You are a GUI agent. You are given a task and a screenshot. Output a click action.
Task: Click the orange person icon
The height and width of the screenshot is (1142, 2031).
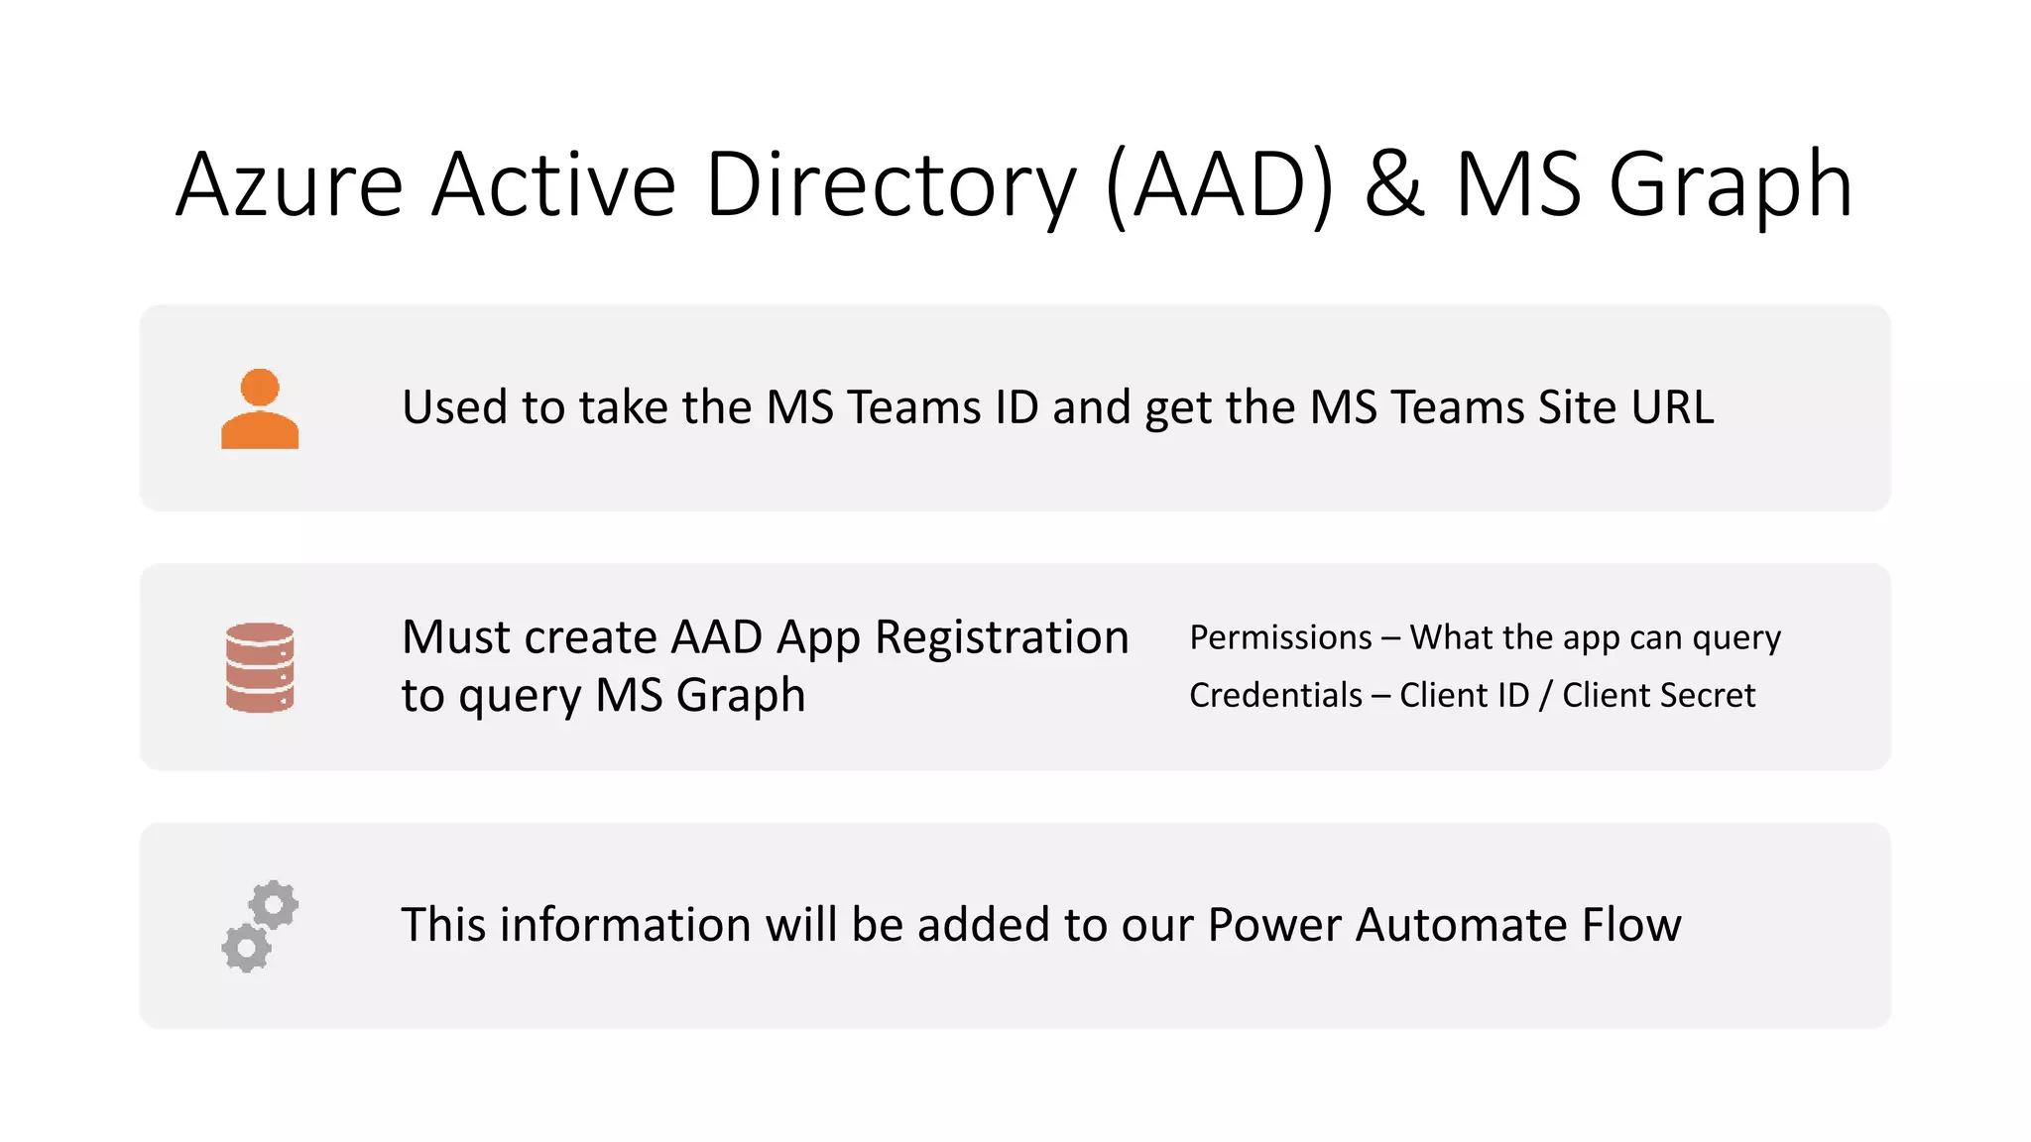260,409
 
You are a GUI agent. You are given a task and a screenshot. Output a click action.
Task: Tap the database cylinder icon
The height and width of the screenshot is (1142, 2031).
260,667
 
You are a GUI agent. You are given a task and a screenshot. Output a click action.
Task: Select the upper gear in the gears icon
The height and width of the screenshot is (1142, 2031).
274,904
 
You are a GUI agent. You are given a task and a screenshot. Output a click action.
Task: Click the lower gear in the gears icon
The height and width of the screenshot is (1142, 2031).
246,948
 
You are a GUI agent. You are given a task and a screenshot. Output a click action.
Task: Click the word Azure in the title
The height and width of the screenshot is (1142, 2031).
290,185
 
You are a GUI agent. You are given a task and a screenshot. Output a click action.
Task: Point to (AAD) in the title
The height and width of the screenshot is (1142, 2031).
1219,185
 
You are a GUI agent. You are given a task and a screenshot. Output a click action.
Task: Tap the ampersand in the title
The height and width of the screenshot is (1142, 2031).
1394,185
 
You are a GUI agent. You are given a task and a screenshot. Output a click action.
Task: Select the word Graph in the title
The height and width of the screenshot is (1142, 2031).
1731,185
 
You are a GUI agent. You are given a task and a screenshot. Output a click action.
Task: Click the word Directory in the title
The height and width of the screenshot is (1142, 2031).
890,185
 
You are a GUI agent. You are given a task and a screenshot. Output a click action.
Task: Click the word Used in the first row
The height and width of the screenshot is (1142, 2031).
455,407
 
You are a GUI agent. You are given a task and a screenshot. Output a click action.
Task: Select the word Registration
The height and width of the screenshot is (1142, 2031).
1002,637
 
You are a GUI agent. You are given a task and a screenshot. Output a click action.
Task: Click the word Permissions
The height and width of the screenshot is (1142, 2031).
1280,637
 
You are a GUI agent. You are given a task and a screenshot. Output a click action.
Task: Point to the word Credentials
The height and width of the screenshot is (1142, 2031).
1275,695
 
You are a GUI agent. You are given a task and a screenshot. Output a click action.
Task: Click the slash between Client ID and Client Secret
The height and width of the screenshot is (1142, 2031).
1545,695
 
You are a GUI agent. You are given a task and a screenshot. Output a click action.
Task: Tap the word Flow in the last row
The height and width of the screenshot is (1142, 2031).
1631,925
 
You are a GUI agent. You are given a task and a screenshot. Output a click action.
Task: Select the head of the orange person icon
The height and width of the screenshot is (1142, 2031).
260,387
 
